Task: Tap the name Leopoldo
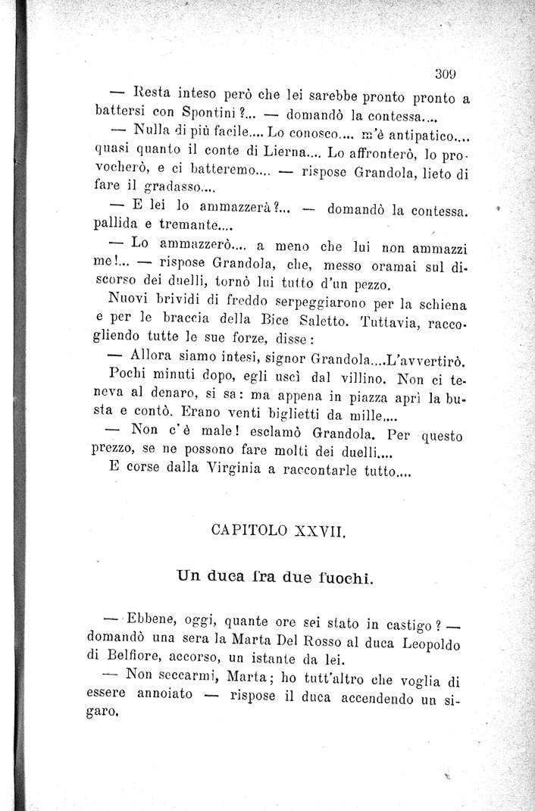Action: pyautogui.click(x=433, y=643)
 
